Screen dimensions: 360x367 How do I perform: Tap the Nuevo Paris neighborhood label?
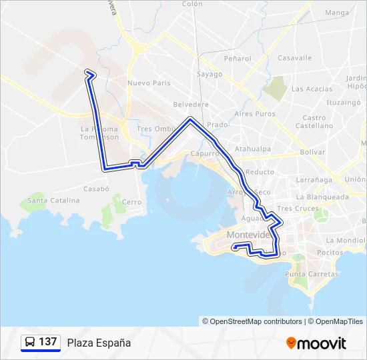coord(149,83)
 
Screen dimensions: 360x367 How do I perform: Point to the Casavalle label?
coord(294,58)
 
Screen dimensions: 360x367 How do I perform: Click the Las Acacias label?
coord(312,89)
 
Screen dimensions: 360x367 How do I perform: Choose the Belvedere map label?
coord(191,105)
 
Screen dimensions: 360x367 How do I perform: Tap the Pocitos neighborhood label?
coord(330,253)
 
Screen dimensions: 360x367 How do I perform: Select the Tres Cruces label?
coord(298,208)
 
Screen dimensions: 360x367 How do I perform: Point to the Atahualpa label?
coord(252,149)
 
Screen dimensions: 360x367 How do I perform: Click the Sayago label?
coord(209,74)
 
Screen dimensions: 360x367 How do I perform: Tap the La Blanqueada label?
coord(322,197)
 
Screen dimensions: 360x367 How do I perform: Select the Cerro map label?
coord(131,201)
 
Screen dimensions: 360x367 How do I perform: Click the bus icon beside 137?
coord(30,342)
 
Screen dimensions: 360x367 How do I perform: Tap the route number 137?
coord(48,342)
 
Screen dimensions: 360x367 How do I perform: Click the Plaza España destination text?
coord(99,343)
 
